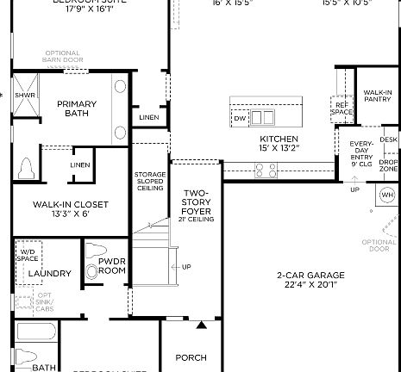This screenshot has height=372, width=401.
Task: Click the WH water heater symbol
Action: click(386, 195)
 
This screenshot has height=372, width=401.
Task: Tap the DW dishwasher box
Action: click(240, 118)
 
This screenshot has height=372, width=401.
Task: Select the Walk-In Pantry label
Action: click(378, 96)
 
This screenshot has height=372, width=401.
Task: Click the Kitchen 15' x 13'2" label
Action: click(279, 144)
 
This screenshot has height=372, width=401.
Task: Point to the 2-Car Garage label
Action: click(308, 280)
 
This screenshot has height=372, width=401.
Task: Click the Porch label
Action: click(191, 356)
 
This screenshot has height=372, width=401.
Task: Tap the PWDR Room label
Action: click(112, 265)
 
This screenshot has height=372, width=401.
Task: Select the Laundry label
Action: click(49, 274)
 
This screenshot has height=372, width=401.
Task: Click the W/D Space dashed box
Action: click(28, 254)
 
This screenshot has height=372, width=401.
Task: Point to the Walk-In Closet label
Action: click(71, 208)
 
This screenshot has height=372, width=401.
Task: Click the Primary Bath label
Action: click(77, 108)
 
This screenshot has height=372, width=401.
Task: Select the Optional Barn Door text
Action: click(63, 56)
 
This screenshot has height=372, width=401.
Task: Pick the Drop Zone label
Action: click(388, 165)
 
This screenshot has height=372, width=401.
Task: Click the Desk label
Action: click(389, 139)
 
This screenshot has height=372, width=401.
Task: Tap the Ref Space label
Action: click(342, 108)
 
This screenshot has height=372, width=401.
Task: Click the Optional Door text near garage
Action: click(379, 246)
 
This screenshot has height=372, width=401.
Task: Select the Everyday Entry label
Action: click(360, 151)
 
